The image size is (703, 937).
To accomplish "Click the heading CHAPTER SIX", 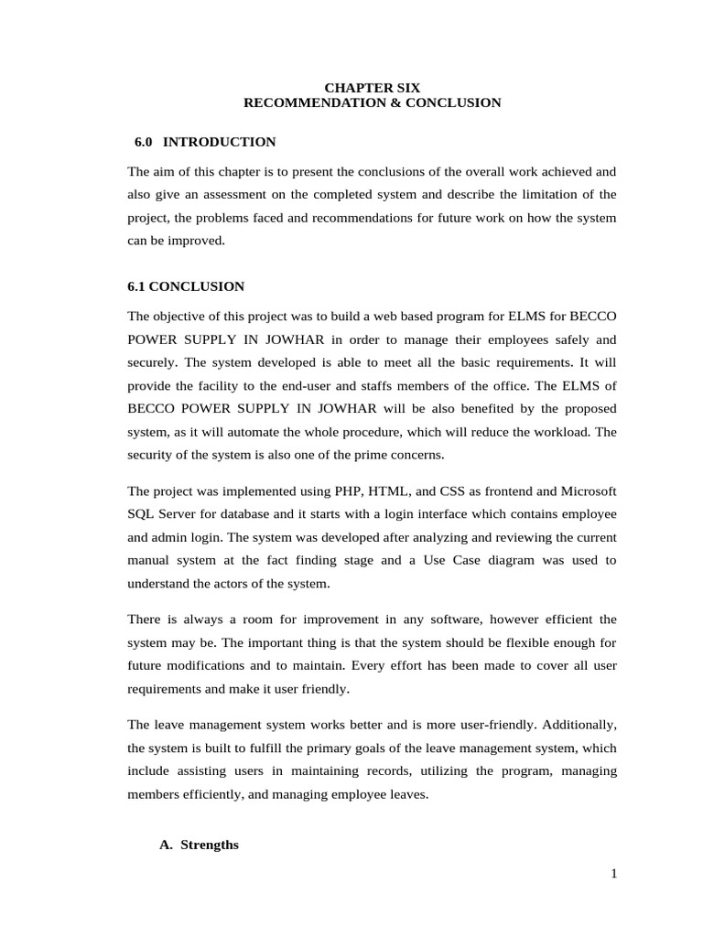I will point(373,88).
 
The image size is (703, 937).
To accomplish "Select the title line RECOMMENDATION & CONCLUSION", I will point(373,103).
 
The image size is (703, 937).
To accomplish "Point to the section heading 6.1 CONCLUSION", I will point(186,286).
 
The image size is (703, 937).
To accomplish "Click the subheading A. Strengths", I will point(199,845).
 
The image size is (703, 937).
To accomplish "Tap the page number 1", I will point(614,874).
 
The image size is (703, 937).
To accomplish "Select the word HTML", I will point(390,490).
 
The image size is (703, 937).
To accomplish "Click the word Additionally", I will point(579,724).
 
